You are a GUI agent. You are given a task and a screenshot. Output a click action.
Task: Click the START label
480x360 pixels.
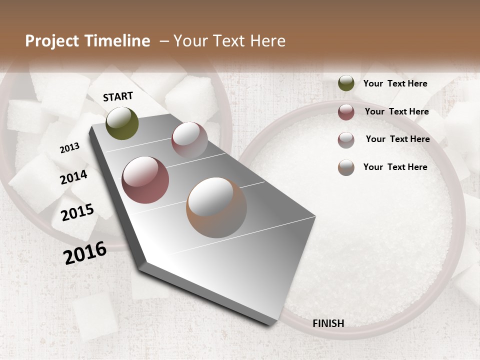pyautogui.click(x=118, y=96)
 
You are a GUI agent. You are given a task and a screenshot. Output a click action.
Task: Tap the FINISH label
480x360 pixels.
pyautogui.click(x=328, y=323)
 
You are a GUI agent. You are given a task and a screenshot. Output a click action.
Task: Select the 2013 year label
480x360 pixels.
pyautogui.click(x=69, y=148)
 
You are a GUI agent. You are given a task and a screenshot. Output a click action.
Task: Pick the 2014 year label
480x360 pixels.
pyautogui.click(x=73, y=177)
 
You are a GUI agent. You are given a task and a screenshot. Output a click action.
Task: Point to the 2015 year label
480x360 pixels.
pyautogui.click(x=77, y=212)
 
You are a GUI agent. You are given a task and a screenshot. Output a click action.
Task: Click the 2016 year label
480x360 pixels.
pyautogui.click(x=85, y=252)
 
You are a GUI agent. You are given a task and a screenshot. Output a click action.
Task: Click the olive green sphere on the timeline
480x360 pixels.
pyautogui.click(x=122, y=123)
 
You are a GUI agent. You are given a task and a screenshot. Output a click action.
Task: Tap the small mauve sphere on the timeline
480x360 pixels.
pyautogui.click(x=189, y=140)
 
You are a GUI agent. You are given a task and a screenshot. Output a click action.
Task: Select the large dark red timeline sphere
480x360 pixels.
pyautogui.click(x=145, y=180)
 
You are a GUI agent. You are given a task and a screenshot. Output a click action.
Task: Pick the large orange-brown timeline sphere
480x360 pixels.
pyautogui.click(x=216, y=207)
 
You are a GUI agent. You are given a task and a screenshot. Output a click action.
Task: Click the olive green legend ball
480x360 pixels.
pyautogui.click(x=346, y=83)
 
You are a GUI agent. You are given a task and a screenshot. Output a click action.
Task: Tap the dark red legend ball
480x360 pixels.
pyautogui.click(x=346, y=112)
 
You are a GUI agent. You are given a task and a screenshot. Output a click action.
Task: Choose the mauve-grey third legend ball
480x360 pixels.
pyautogui.click(x=346, y=139)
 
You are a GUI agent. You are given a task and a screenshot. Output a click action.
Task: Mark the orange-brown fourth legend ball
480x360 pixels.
pyautogui.click(x=346, y=167)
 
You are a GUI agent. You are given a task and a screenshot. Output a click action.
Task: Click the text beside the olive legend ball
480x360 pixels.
pyautogui.click(x=395, y=84)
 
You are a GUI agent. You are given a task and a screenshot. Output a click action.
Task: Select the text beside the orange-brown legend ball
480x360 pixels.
pyautogui.click(x=395, y=167)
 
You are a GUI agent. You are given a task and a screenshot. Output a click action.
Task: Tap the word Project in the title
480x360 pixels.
pyautogui.click(x=50, y=41)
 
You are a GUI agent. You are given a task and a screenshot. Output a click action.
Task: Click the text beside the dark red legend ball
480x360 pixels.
pyautogui.click(x=396, y=111)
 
